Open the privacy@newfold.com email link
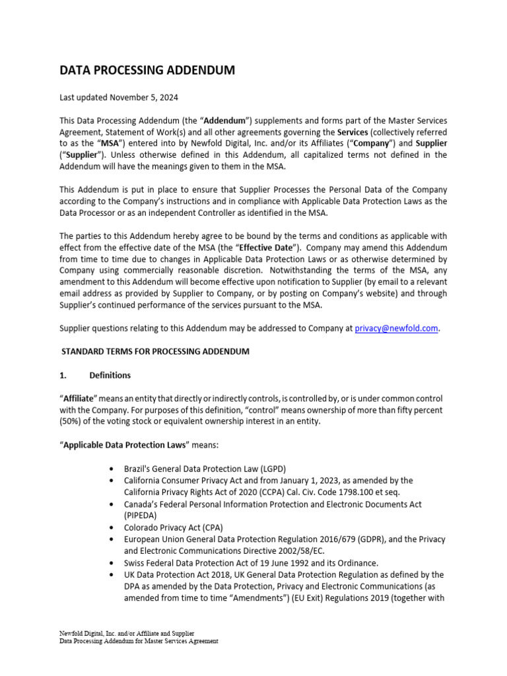click(x=396, y=328)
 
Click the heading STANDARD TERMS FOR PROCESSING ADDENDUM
click(x=155, y=351)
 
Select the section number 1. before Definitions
click(x=63, y=375)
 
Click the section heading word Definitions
click(x=110, y=375)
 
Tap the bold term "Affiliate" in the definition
click(x=79, y=399)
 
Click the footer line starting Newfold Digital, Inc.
click(x=127, y=633)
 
